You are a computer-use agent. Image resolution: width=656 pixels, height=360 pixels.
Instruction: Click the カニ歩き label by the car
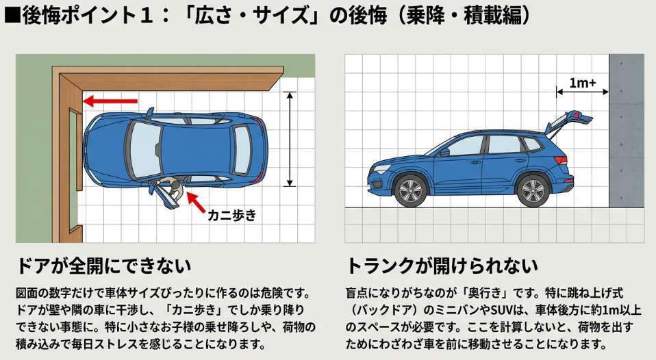coord(231,215)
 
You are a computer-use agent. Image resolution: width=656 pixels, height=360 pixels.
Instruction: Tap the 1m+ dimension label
coord(582,83)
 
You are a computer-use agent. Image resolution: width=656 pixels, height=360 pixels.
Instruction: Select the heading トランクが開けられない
coord(442,266)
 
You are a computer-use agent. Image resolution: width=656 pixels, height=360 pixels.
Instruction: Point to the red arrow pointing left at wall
coord(110,101)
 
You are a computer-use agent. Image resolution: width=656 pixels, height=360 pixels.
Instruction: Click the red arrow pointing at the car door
coord(197,203)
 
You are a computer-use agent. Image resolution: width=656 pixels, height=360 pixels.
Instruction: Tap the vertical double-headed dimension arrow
coord(290,139)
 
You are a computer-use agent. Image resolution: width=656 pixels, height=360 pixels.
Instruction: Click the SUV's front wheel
coord(410,191)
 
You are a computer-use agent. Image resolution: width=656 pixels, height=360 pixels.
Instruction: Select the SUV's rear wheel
coord(533,191)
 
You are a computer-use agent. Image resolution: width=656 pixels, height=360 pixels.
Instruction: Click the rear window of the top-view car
coord(242,150)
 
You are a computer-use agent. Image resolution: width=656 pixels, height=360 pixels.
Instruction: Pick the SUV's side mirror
coord(444,152)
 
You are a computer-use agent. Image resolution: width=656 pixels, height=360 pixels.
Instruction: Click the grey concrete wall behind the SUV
coord(627,131)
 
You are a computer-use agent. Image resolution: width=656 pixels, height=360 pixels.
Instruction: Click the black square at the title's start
coord(11,16)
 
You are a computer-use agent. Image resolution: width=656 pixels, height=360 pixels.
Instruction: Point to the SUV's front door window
coord(465,146)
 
